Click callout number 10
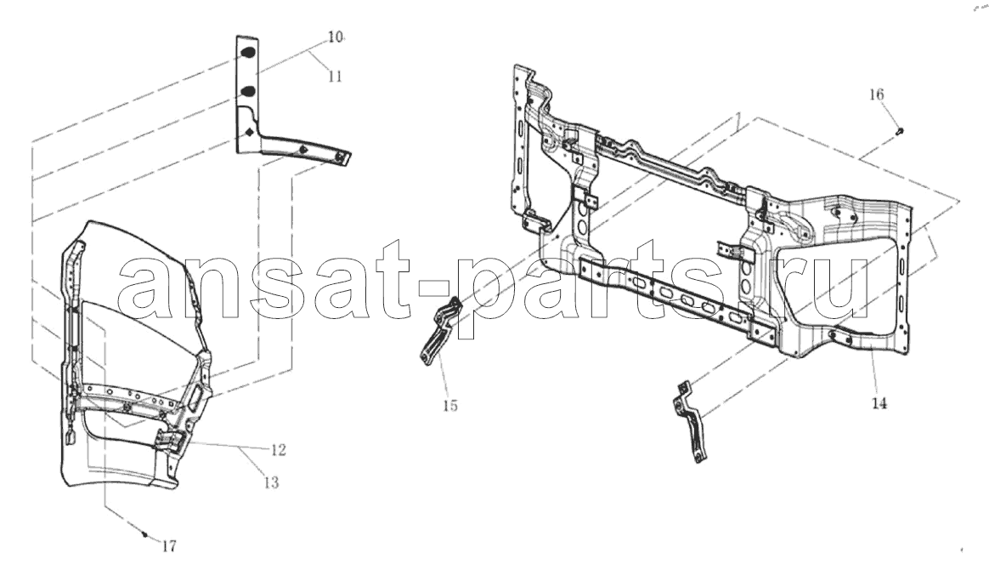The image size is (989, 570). tap(335, 37)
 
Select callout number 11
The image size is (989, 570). tap(335, 77)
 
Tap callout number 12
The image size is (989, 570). tap(278, 449)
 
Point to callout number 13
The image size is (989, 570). tap(270, 483)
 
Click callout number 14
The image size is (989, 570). tap(879, 402)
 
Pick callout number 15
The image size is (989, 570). tap(449, 406)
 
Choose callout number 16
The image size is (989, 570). tap(877, 94)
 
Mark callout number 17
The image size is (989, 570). tap(169, 547)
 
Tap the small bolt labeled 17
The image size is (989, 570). tap(145, 534)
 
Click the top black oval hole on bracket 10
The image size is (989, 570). tap(248, 53)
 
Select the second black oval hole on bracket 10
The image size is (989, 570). tap(248, 92)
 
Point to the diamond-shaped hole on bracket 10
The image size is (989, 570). tap(250, 133)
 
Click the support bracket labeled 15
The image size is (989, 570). tap(438, 332)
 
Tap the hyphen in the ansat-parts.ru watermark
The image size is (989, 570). tap(433, 293)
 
